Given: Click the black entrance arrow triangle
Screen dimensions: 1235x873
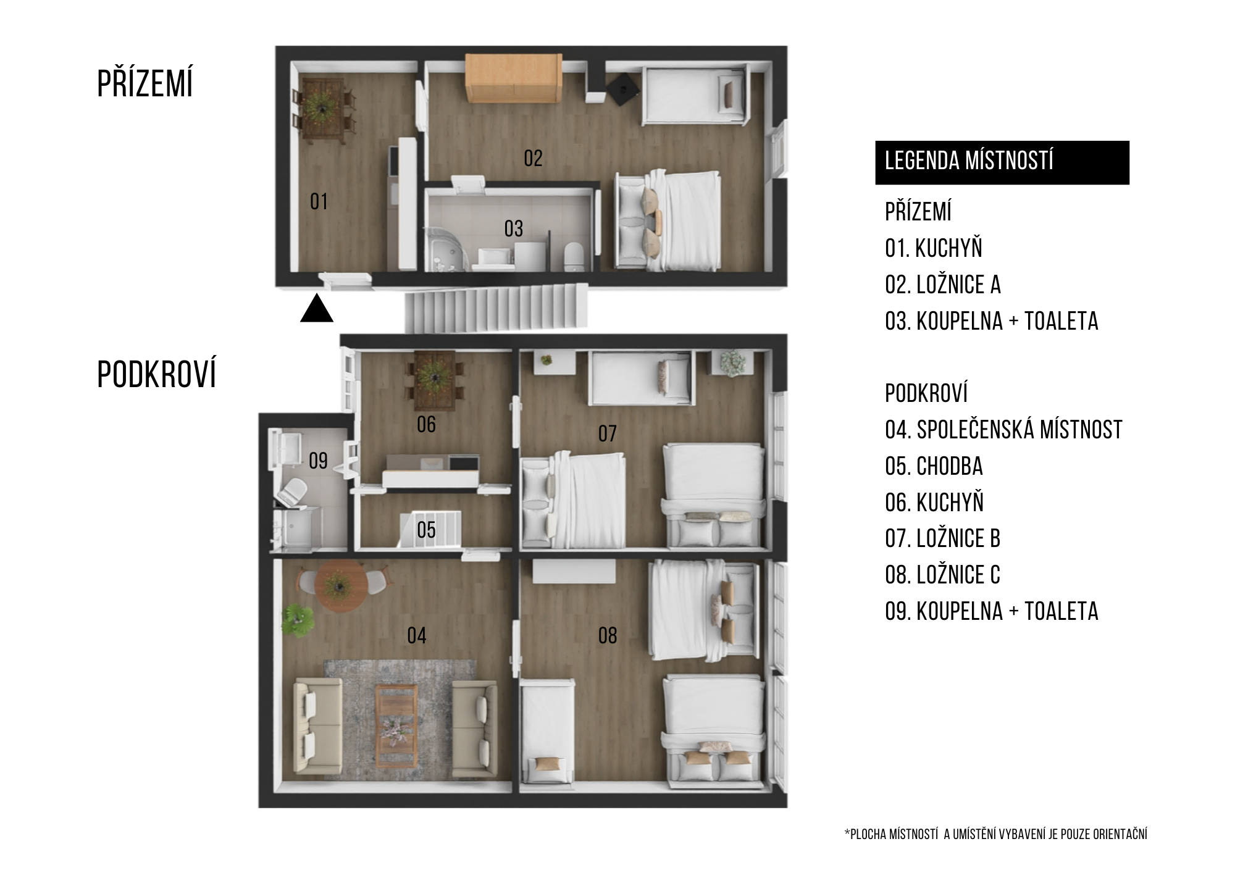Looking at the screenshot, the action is click(317, 309).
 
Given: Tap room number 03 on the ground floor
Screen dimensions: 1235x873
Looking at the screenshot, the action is click(514, 229).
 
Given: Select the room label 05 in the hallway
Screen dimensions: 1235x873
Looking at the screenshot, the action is click(426, 530).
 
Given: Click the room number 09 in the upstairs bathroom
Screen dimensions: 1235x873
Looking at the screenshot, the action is click(318, 461).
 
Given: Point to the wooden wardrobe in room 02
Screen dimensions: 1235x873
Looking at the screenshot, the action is click(514, 78).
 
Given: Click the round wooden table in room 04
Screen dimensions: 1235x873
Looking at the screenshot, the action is click(338, 586).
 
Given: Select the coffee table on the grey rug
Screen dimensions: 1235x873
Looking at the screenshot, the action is click(396, 718).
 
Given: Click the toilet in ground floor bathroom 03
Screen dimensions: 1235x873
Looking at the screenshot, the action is click(574, 256).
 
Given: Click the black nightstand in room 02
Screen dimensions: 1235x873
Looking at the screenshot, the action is click(622, 90).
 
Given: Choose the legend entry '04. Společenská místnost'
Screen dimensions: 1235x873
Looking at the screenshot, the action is click(1003, 430).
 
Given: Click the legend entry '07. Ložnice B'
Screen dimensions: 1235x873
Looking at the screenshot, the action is click(942, 538).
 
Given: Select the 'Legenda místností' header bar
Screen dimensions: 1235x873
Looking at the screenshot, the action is click(1002, 162).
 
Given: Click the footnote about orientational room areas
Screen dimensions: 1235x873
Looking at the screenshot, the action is click(995, 835).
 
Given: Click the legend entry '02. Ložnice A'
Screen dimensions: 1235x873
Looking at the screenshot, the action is click(942, 285).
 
